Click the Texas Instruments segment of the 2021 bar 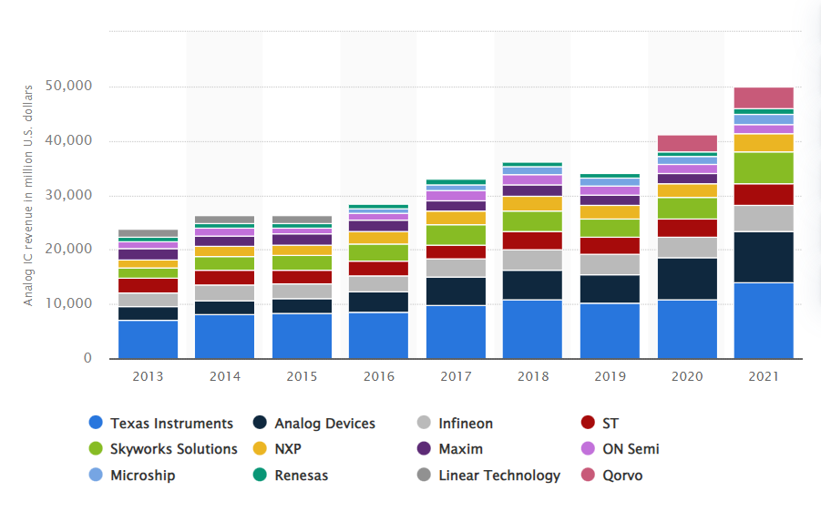coord(764,320)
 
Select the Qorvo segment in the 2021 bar coord(764,97)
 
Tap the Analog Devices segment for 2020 coord(687,279)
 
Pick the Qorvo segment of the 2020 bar coord(687,143)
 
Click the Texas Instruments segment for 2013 coord(148,339)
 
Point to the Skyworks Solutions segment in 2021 coord(764,168)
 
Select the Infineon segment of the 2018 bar coord(532,260)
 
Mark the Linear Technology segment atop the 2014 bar coord(224,220)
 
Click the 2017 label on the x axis coord(456,375)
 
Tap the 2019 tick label coord(610,375)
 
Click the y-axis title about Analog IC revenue coord(28,195)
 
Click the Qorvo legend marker coord(588,476)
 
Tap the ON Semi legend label coord(631,449)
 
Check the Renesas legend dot coord(260,476)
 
